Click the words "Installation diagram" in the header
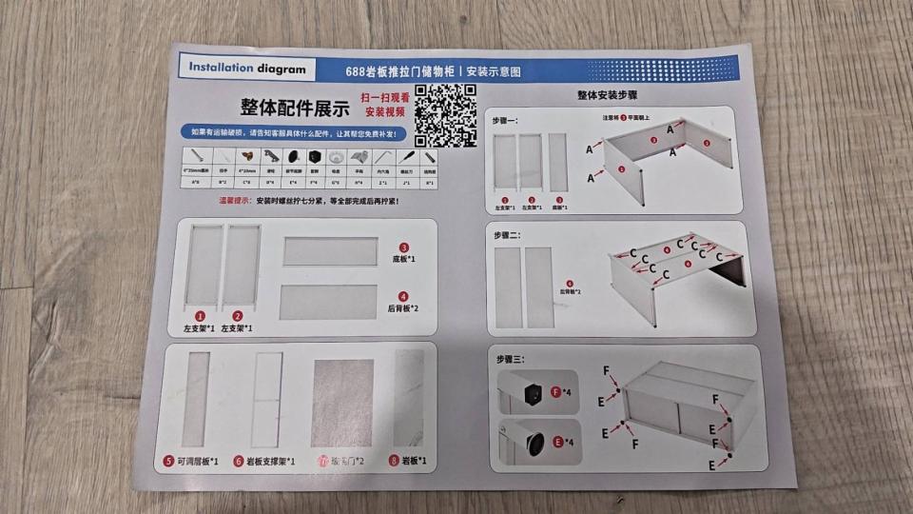pos(246,69)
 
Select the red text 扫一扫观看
pos(384,98)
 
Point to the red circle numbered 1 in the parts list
pos(200,316)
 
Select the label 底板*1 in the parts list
pos(404,259)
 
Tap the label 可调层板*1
pos(197,462)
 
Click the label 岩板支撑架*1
pos(269,462)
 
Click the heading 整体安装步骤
pos(607,96)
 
